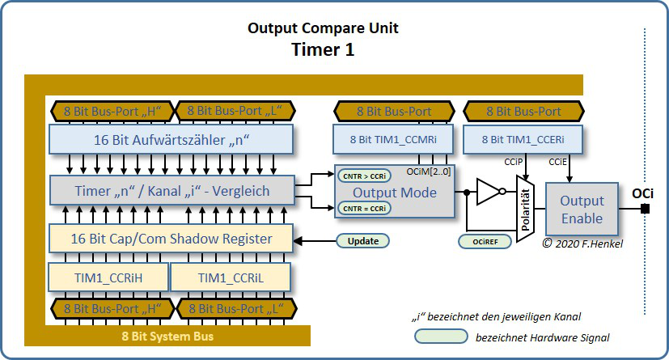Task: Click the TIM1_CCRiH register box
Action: click(108, 277)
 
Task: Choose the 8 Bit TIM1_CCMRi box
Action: click(395, 139)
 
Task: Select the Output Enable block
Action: click(582, 210)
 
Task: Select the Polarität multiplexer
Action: click(523, 208)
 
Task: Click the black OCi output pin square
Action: click(645, 210)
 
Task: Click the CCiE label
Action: click(557, 162)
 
